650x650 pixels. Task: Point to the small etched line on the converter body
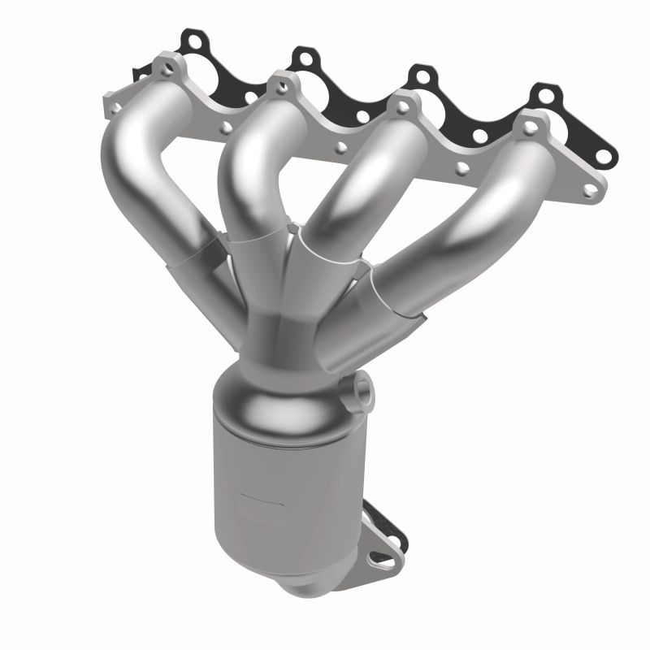(x=256, y=493)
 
